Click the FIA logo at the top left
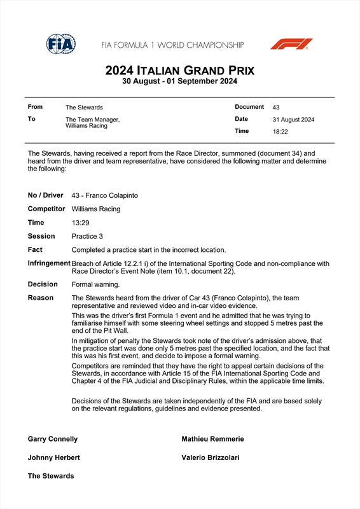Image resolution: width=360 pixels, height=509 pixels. pos(61,44)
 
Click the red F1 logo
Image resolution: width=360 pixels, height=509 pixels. pos(291,44)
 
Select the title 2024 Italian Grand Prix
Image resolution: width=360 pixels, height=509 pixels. pos(180,70)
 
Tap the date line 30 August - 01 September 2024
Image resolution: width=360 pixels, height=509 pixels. pos(180,81)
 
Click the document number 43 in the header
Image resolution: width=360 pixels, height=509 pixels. pos(276,108)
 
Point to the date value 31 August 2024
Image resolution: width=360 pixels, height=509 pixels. pos(293,120)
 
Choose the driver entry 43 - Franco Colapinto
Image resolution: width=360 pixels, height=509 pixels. pos(105,195)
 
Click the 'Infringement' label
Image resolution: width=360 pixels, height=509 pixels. pos(49,263)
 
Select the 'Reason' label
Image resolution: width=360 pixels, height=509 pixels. pos(41,298)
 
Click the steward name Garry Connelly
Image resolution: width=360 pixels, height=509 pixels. pos(53,439)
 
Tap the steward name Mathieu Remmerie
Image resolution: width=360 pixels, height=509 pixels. pos(212,439)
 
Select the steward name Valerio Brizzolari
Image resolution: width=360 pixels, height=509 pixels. pos(211,457)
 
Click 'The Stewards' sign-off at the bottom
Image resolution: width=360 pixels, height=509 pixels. pos(51,476)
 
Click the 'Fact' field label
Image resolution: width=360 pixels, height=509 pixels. pos(36,249)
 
